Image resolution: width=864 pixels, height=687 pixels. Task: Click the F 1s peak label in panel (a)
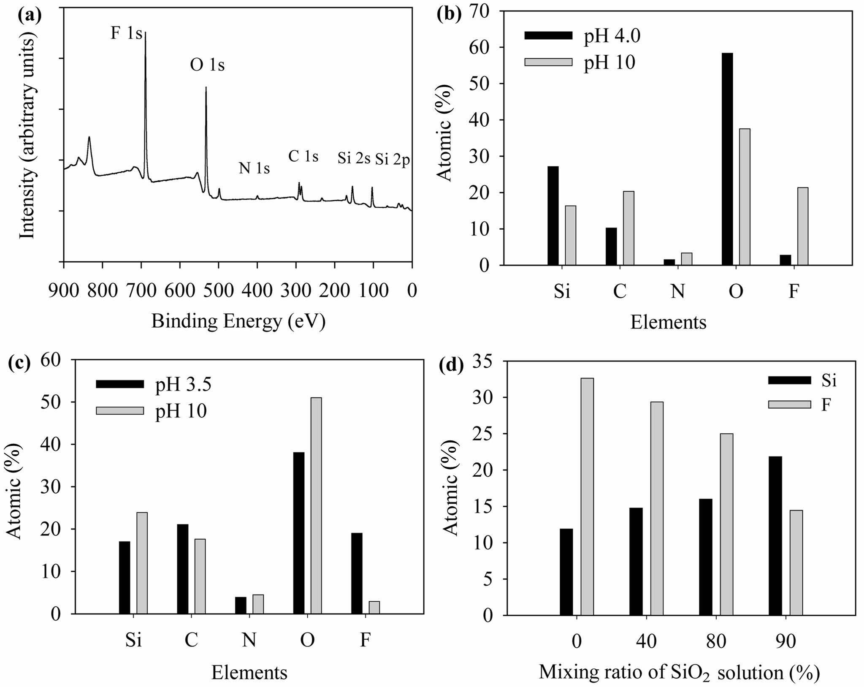(126, 33)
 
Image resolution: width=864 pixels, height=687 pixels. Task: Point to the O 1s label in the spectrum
(207, 65)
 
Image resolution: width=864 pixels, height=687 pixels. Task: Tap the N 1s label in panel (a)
(254, 168)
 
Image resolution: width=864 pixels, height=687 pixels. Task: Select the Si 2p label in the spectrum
(393, 159)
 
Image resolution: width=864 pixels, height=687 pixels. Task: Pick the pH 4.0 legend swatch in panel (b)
(548, 35)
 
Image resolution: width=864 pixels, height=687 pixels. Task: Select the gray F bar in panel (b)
(802, 226)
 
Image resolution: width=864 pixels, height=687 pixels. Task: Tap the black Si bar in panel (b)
(553, 216)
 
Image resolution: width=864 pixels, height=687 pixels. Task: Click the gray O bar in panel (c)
(316, 505)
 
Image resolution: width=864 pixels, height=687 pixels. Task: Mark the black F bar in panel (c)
(357, 573)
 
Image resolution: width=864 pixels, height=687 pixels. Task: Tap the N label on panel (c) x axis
(249, 641)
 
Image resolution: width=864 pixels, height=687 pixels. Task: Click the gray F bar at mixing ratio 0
(587, 497)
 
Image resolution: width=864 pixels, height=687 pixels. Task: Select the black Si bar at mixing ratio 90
(775, 536)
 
